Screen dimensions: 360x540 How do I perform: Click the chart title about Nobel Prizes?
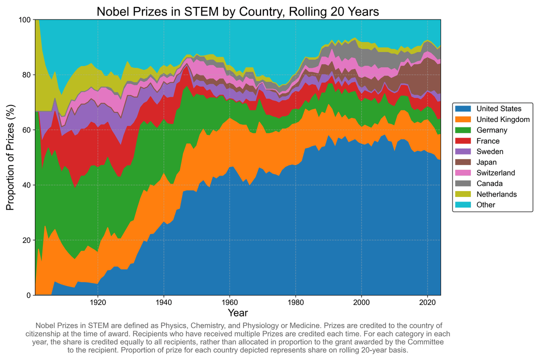pyautogui.click(x=237, y=11)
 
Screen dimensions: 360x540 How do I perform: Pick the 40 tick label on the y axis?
pyautogui.click(x=27, y=185)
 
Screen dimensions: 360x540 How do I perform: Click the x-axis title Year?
pyautogui.click(x=237, y=313)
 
